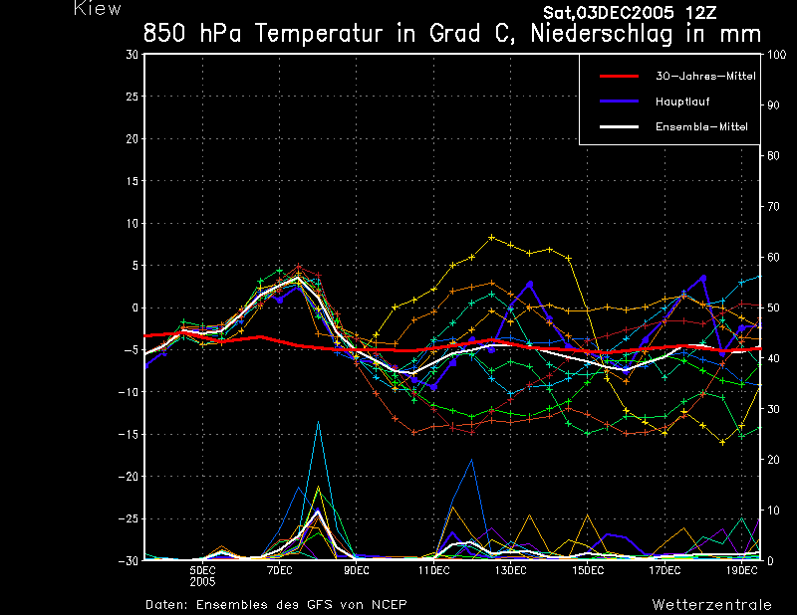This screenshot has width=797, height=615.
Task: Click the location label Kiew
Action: pyautogui.click(x=98, y=8)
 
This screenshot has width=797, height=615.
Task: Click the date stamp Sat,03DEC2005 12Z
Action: pyautogui.click(x=630, y=13)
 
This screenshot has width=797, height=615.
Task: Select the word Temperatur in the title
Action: pyautogui.click(x=319, y=34)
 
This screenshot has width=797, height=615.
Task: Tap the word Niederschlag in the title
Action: pyautogui.click(x=602, y=34)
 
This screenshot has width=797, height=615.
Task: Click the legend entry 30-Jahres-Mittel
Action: pyautogui.click(x=705, y=77)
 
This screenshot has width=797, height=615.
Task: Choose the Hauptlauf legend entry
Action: pyautogui.click(x=682, y=102)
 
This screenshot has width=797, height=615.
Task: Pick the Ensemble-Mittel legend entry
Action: pyautogui.click(x=701, y=127)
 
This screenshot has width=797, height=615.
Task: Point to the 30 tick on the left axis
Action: pyautogui.click(x=132, y=54)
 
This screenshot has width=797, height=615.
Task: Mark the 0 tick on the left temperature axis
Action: pyautogui.click(x=135, y=307)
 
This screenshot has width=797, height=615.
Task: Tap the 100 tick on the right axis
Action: pyautogui.click(x=777, y=55)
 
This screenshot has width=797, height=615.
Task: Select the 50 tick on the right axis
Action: pyautogui.click(x=773, y=307)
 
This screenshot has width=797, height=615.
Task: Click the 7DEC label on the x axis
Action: pyautogui.click(x=280, y=571)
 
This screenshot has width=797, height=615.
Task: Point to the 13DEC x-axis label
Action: pyautogui.click(x=510, y=571)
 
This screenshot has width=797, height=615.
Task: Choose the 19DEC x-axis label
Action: pyautogui.click(x=741, y=571)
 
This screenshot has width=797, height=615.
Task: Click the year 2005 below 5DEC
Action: pyautogui.click(x=203, y=582)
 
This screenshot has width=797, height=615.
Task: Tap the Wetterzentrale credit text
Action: pyautogui.click(x=711, y=605)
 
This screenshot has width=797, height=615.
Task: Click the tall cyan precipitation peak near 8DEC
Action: pyautogui.click(x=318, y=422)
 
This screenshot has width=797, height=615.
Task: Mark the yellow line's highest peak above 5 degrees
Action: pyautogui.click(x=491, y=237)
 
